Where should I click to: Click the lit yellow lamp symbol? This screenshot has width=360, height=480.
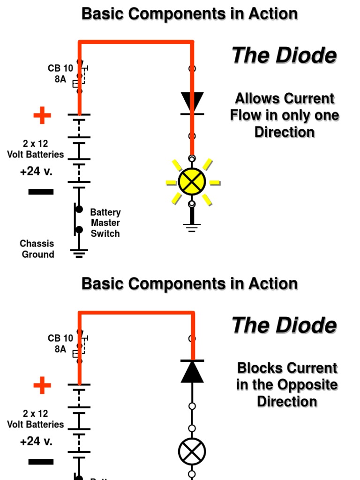(x=192, y=182)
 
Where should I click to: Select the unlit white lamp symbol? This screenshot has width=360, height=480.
(x=192, y=452)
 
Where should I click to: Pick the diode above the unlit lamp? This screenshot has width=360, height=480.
(x=192, y=371)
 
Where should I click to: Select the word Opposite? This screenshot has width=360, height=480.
(x=307, y=385)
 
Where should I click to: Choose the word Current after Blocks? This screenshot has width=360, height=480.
(x=312, y=368)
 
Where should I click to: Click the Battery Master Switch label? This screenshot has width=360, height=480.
(x=105, y=223)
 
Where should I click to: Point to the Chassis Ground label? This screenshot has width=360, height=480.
(x=37, y=249)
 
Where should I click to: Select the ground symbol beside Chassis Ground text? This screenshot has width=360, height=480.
(x=79, y=254)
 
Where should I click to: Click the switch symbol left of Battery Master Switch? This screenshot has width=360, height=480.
(x=77, y=219)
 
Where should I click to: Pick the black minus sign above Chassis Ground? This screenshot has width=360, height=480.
(x=41, y=192)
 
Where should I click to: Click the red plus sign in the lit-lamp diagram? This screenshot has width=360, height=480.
(x=42, y=115)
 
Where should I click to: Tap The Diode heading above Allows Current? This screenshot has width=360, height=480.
(x=284, y=56)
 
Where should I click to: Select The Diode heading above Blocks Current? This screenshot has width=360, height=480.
(x=284, y=325)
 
